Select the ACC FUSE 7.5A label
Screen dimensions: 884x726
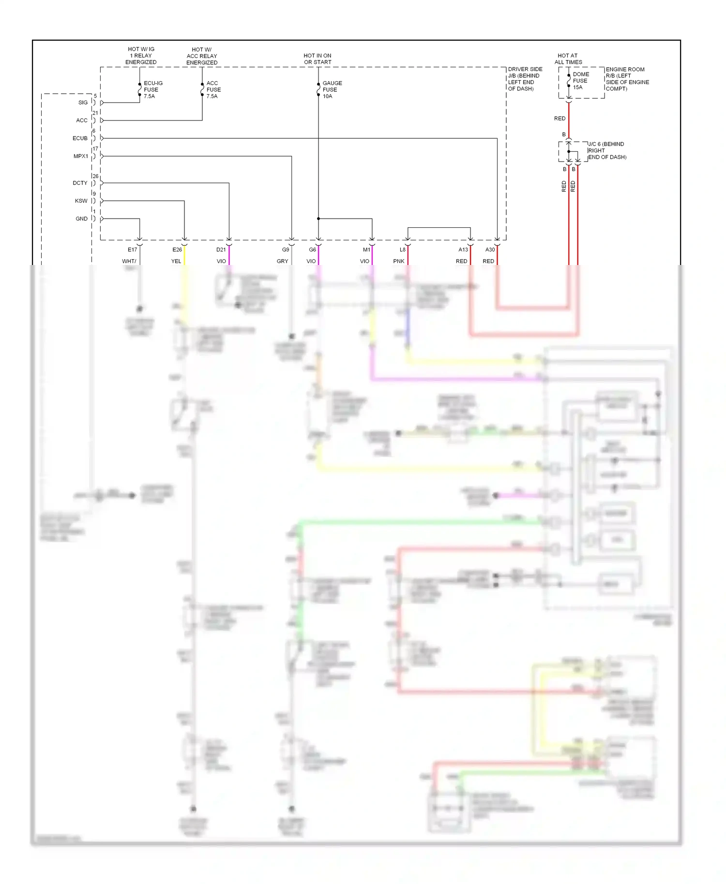click(213, 89)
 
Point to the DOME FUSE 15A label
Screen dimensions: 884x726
click(580, 81)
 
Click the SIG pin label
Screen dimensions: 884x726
click(83, 103)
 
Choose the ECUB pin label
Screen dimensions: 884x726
click(80, 138)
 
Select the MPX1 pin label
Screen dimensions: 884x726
click(81, 156)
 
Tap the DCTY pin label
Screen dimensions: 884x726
click(80, 183)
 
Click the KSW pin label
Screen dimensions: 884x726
click(81, 201)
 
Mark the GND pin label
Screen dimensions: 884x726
click(81, 219)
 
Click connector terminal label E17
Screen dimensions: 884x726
click(132, 250)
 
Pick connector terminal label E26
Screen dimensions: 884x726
click(177, 250)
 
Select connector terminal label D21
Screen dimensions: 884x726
click(221, 250)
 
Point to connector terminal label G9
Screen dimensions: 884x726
click(286, 250)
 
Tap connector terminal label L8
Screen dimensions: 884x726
click(402, 250)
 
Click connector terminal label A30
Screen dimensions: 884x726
click(490, 250)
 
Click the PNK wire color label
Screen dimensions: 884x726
click(398, 261)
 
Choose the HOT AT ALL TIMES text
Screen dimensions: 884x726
click(568, 59)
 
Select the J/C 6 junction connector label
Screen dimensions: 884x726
click(607, 150)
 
